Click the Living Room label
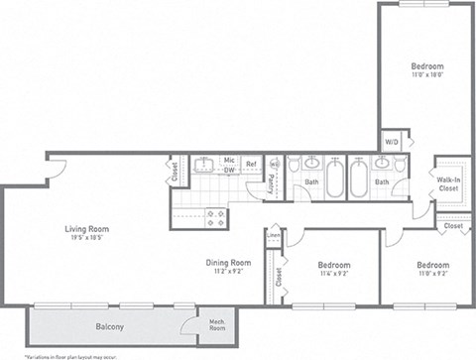point(87,228)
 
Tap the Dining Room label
point(228,263)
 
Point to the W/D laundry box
point(393,142)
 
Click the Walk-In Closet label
point(448,182)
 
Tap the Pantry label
point(272,180)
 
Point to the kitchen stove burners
point(215,217)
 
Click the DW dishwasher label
point(228,171)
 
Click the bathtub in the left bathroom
point(334,180)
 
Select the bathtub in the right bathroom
point(357,180)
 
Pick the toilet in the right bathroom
point(399,166)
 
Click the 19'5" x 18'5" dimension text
point(87,238)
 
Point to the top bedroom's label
point(428,65)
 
